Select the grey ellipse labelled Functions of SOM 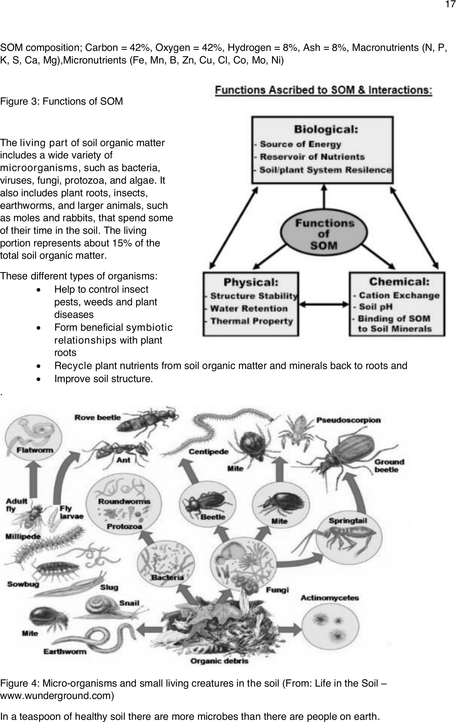324,234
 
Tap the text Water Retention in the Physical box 249,308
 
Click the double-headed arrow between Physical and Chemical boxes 324,304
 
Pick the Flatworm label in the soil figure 35,450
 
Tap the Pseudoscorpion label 348,420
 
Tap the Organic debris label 219,661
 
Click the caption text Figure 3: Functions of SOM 62,101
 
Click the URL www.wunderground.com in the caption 57,695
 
